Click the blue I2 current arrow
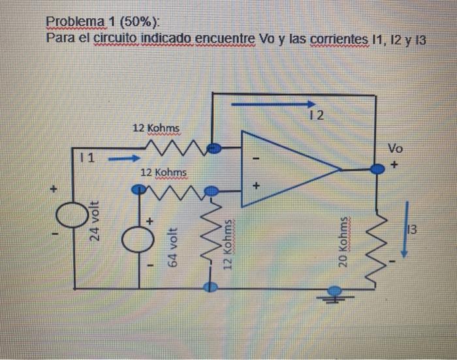tap(273, 103)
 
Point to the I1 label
tap(86, 158)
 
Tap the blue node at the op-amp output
tap(376, 169)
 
